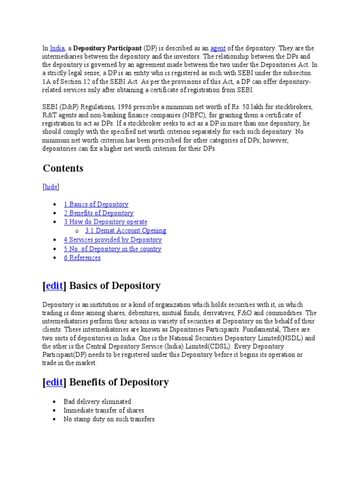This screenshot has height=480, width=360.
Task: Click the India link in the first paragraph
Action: tap(57, 48)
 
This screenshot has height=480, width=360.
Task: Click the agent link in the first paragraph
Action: tap(218, 48)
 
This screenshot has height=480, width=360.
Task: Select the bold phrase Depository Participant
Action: tap(107, 48)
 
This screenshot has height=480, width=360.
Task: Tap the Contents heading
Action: tap(63, 168)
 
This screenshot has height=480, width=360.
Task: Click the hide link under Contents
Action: tap(51, 187)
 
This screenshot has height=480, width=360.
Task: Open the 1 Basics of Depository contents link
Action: tap(96, 204)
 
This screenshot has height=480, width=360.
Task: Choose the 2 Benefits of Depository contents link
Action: tap(98, 213)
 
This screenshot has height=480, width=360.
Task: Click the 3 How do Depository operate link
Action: tap(105, 222)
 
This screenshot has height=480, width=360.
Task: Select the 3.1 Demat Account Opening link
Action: tap(126, 231)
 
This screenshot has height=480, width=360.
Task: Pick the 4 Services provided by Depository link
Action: tap(112, 240)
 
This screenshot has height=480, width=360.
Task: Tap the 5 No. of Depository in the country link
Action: tap(112, 249)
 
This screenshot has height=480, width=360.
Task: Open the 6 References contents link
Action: tap(82, 258)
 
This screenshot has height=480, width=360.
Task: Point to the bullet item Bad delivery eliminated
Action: tap(97, 402)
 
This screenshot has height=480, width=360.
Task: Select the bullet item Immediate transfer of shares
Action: tap(104, 411)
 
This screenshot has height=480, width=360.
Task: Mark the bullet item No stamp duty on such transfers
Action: tap(109, 419)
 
